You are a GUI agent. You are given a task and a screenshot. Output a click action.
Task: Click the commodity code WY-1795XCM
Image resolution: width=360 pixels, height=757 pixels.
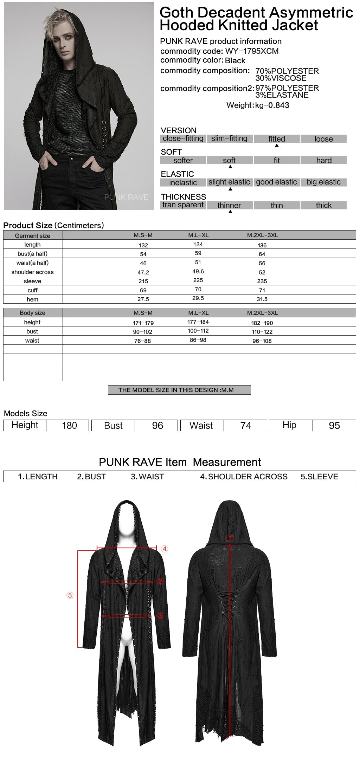click(252, 51)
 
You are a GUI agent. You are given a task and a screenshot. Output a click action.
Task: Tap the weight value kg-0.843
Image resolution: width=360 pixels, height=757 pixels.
click(272, 105)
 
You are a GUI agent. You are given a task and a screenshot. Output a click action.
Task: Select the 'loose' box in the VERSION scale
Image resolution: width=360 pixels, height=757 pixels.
click(323, 139)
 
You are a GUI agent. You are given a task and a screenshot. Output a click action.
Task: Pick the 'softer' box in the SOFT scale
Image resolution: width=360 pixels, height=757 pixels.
click(183, 161)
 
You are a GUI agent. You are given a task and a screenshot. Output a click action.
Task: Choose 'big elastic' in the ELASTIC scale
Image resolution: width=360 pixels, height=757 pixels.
click(323, 182)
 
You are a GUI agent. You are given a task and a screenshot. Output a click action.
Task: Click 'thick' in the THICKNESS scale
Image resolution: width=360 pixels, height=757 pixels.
click(323, 205)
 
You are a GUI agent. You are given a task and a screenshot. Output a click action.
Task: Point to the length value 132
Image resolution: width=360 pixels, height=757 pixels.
click(143, 245)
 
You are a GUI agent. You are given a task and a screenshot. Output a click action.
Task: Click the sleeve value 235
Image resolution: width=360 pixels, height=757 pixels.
click(262, 281)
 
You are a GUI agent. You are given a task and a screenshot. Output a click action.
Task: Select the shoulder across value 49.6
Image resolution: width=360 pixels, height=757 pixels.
click(198, 272)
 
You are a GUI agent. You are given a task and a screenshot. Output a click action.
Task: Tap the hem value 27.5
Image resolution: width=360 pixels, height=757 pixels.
click(143, 299)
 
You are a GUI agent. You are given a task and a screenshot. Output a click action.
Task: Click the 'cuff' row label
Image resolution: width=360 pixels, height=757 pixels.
click(32, 290)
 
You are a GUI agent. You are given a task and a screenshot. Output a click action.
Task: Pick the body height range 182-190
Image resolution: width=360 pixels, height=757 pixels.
click(262, 323)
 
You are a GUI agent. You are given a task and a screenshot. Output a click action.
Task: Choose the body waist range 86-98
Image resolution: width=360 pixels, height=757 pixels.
click(198, 340)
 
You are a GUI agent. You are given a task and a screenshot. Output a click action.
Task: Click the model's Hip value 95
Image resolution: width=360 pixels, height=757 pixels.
click(334, 426)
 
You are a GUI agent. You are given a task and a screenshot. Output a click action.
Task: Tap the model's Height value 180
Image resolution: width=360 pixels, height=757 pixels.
click(69, 426)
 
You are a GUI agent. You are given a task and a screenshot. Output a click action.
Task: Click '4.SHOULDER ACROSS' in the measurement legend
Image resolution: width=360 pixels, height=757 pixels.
click(244, 477)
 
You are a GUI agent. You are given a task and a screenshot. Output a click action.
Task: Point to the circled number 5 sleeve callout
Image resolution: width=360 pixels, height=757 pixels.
click(70, 595)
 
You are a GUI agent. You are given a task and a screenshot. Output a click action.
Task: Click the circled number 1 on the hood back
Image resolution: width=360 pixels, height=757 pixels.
click(230, 538)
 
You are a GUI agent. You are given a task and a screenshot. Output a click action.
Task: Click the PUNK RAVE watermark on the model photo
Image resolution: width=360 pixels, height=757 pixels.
click(126, 198)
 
